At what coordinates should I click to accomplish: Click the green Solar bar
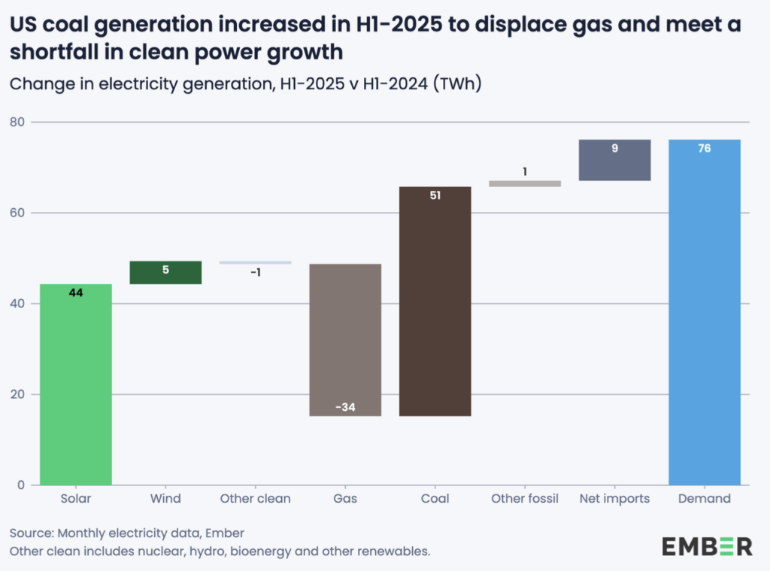76,384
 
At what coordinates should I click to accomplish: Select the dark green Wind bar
165,273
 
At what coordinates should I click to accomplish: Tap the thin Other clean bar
256,262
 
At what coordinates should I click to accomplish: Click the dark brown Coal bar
435,301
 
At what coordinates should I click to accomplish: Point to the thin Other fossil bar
525,183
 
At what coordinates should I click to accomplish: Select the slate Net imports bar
614,160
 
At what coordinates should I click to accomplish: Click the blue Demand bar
704,312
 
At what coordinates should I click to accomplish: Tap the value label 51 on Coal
435,195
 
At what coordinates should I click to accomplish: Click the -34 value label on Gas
345,408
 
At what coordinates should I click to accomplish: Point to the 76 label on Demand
704,149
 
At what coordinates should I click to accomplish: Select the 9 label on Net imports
614,149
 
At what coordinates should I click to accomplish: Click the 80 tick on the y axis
17,122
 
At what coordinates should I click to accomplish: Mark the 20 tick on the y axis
17,394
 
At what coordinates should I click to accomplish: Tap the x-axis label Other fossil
525,499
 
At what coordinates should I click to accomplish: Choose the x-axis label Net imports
614,499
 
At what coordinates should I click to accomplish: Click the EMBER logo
707,546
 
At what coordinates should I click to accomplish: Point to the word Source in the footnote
30,533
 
